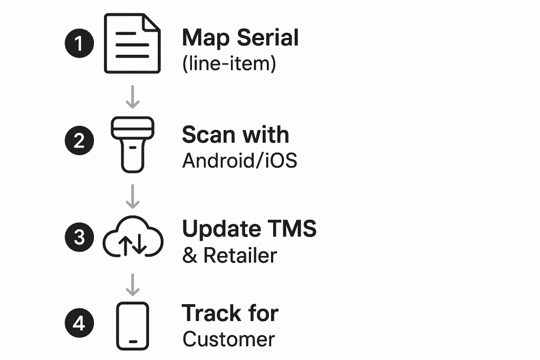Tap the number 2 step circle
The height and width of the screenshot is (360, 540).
point(79,141)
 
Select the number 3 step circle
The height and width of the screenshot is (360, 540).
point(79,237)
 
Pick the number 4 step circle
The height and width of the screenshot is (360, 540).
point(79,323)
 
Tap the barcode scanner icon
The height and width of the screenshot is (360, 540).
point(132,144)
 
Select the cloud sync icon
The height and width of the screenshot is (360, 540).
point(132,237)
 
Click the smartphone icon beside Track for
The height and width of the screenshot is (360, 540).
point(132,326)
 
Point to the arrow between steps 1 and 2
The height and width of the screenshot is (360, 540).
point(133,96)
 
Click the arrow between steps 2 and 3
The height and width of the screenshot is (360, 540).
point(133,196)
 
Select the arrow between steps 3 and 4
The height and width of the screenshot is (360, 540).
point(133,285)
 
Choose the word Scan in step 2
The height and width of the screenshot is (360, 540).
point(207,135)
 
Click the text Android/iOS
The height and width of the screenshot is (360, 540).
point(240,161)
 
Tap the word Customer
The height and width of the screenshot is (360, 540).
point(229,339)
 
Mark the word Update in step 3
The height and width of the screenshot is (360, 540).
point(221,230)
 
